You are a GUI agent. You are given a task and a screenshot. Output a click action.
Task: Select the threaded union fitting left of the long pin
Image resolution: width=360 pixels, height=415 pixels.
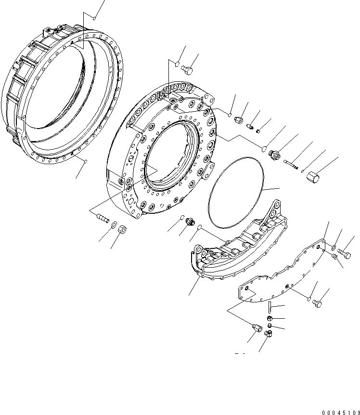point(275,155)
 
